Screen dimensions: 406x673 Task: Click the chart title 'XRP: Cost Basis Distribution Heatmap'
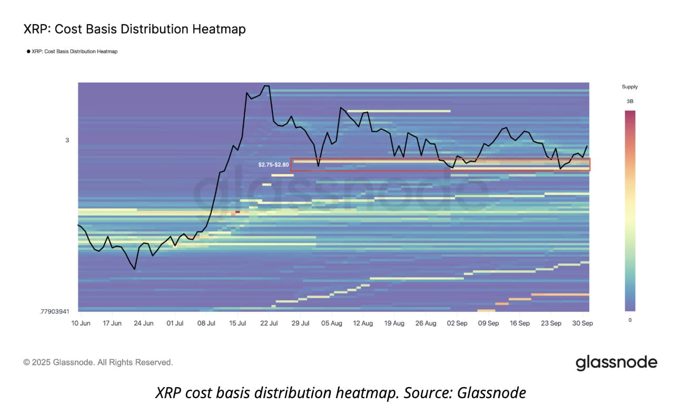(134, 29)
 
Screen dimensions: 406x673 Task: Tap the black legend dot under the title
(28, 52)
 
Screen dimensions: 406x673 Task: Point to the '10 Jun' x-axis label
(81, 323)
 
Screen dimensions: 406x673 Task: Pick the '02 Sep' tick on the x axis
(457, 323)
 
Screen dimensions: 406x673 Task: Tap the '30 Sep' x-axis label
(582, 323)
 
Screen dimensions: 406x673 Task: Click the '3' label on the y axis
(67, 140)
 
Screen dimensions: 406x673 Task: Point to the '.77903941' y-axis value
(54, 311)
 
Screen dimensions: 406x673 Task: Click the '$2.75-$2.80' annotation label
(273, 165)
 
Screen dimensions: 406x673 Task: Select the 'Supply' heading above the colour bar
(629, 87)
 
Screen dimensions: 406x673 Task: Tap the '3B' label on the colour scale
(630, 101)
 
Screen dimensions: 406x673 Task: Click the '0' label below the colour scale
(629, 320)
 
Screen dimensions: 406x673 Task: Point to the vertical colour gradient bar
(630, 210)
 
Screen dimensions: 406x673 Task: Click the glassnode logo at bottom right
(616, 363)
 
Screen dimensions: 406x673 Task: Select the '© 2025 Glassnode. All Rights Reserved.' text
(98, 362)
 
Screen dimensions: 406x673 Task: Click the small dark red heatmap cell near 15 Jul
(237, 212)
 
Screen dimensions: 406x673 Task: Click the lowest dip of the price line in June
(135, 269)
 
